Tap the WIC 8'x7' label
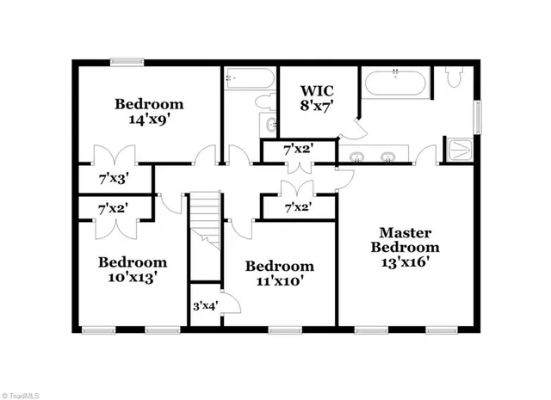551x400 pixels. click(x=316, y=98)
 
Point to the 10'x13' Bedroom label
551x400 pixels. click(x=132, y=270)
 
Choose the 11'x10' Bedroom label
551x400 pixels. click(x=279, y=274)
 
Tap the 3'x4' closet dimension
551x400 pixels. click(x=204, y=305)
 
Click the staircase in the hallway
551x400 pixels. click(x=205, y=220)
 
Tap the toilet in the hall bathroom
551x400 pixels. click(x=264, y=102)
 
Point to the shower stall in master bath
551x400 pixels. click(x=460, y=148)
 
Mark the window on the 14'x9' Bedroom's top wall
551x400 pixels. click(x=127, y=60)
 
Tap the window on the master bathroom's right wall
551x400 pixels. click(x=480, y=114)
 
